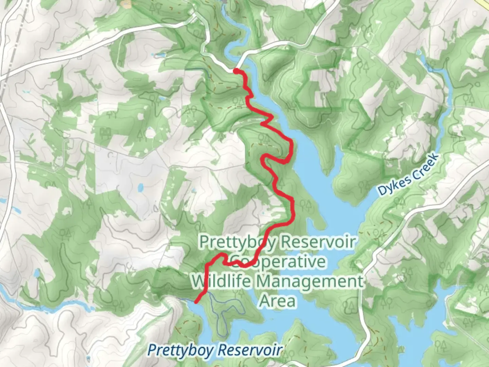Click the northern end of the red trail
point(235,71)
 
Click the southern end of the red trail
point(197,301)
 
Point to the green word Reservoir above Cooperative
point(319,242)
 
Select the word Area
point(278,301)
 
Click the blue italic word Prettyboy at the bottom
point(181,350)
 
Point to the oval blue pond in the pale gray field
point(141,187)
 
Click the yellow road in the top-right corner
point(484,3)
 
